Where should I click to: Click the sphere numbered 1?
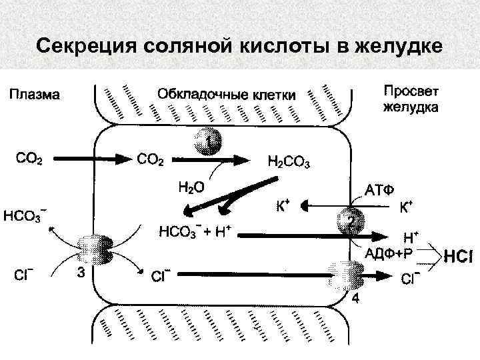pos(209,142)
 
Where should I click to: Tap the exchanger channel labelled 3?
pos(91,251)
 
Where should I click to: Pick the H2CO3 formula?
pos(288,161)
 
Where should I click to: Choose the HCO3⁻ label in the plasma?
pos(25,215)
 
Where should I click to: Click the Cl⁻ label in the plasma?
pos(25,274)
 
